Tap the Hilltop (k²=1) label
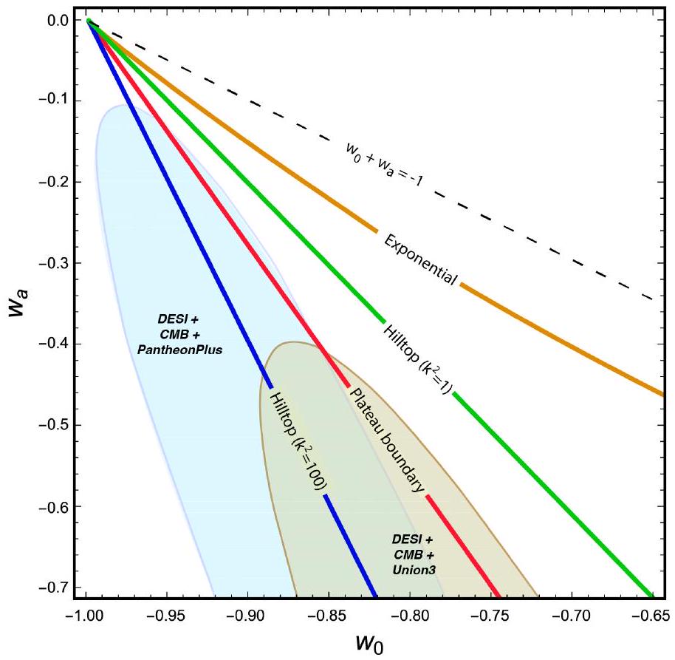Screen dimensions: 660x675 418,358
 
